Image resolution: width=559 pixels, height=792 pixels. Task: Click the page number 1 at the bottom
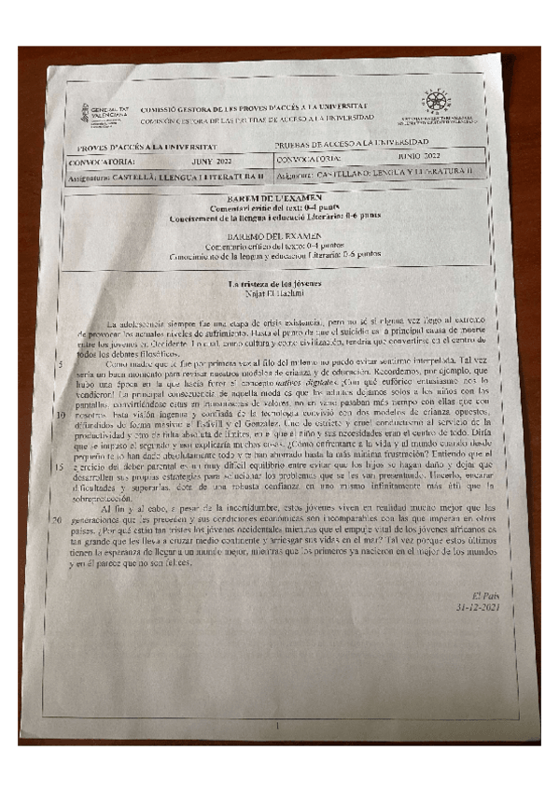[277, 724]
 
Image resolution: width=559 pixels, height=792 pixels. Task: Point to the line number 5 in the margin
[61, 363]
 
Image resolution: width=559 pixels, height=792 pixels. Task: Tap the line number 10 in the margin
[59, 414]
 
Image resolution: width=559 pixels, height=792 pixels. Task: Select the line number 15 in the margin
[58, 464]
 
